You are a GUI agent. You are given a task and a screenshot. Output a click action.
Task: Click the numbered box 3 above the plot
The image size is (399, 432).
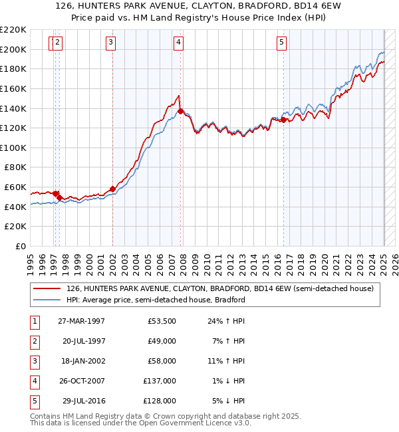tap(110, 43)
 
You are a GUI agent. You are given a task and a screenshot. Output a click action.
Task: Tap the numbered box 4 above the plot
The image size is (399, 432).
tap(179, 43)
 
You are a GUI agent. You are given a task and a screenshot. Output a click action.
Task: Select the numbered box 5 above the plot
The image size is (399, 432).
tap(282, 43)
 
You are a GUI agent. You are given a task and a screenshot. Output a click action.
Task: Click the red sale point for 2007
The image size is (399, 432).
tap(181, 111)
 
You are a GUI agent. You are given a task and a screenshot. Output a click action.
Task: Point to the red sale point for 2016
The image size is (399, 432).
tap(284, 120)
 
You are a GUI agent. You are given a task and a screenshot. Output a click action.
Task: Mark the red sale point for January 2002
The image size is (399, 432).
tap(112, 189)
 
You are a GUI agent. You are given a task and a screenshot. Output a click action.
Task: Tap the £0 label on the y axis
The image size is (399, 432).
tap(19, 246)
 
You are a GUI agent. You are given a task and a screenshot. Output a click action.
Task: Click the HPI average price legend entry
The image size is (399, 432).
tap(156, 300)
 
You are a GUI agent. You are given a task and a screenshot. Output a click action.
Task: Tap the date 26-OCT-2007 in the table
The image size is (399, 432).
tap(81, 381)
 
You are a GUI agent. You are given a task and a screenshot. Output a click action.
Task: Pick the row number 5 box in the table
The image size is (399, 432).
tap(33, 401)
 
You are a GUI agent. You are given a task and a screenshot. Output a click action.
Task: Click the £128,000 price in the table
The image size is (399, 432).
tap(160, 401)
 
